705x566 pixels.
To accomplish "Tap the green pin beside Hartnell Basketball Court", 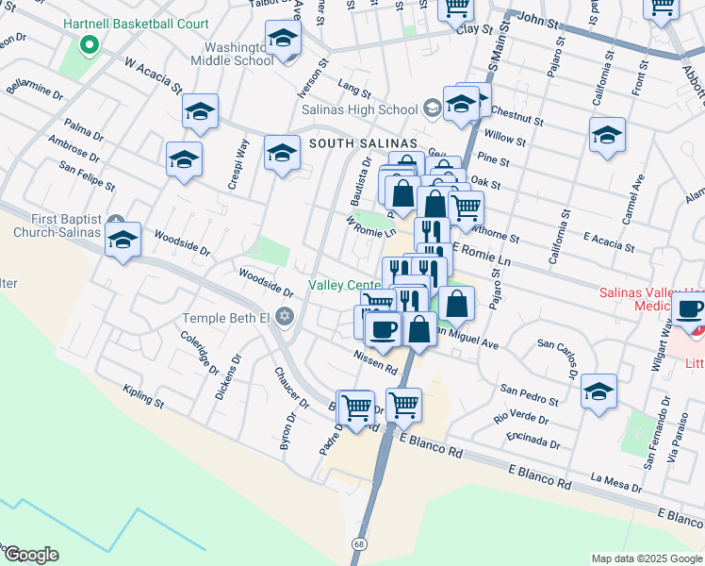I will tap(90, 44).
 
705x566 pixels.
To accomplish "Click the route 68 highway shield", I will tap(359, 545).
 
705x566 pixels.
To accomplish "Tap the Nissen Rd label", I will tap(375, 361).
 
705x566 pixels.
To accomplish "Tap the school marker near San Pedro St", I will tap(599, 392).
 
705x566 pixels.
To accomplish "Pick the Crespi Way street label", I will tap(238, 164).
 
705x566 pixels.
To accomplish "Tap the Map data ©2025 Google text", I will tap(646, 558).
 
